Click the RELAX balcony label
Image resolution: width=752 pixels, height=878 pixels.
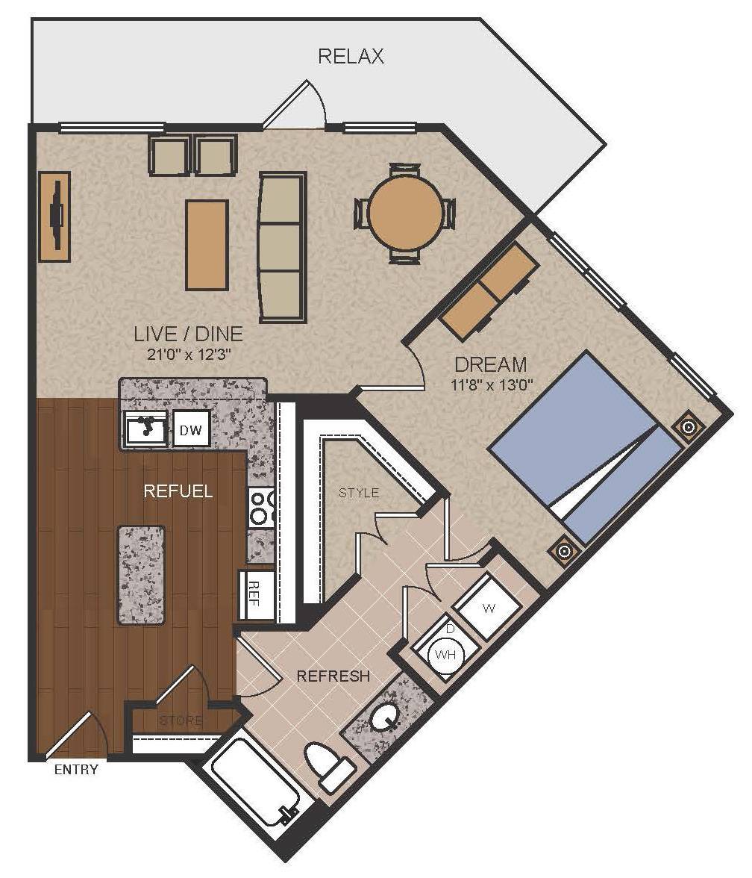click(351, 57)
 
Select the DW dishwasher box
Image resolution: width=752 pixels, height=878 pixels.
click(191, 429)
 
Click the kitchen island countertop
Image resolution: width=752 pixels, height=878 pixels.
click(141, 575)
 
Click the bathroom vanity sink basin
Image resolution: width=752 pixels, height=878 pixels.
click(384, 716)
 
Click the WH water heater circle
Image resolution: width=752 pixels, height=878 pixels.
click(446, 655)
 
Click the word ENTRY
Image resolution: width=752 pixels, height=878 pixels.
click(76, 770)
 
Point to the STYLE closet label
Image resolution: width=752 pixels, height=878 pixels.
click(359, 493)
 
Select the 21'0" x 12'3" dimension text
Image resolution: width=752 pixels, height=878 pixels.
click(188, 354)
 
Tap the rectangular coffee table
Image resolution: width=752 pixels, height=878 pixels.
click(207, 245)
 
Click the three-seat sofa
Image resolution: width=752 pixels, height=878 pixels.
click(283, 248)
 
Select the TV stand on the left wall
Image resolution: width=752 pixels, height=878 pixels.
click(54, 217)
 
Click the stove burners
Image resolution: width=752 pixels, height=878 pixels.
click(261, 508)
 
